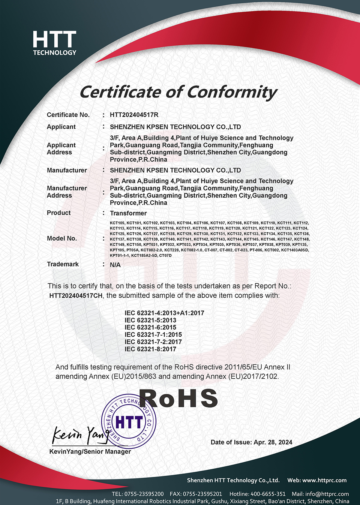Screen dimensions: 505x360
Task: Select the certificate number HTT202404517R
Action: coord(134,115)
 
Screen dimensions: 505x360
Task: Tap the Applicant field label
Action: coord(61,127)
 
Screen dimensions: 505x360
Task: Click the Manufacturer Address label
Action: coord(67,192)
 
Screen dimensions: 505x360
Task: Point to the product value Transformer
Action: coord(128,213)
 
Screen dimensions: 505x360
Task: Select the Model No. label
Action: coord(61,238)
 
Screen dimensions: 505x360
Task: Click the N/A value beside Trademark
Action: coord(115,265)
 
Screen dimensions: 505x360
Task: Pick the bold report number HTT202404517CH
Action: coord(76,295)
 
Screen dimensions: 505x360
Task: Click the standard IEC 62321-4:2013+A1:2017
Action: coord(164,313)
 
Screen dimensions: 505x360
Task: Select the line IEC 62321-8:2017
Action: coord(150,349)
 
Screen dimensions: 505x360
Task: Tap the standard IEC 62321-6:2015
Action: coord(150,327)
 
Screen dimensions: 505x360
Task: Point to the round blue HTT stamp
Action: coord(129,421)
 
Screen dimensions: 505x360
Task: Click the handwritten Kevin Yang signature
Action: coord(79,435)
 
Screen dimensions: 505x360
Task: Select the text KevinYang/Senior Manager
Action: coord(90,451)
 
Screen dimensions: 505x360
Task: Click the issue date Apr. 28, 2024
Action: coord(273,442)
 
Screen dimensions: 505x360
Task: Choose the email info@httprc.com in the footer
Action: coord(327,494)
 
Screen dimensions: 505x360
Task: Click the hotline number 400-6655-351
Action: coord(268,494)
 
